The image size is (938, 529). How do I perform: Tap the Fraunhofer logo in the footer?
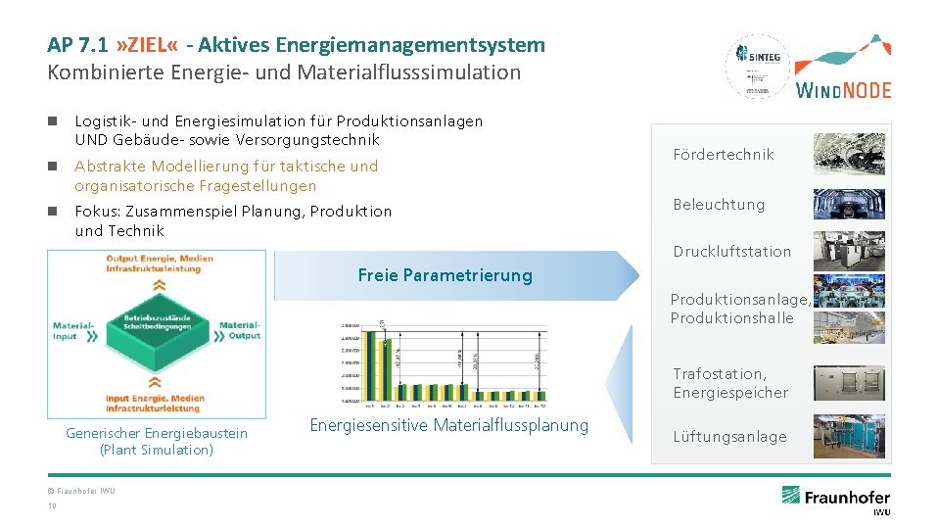coord(835,498)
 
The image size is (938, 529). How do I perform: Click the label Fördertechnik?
coord(723,154)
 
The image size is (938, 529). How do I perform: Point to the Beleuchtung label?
coord(718,204)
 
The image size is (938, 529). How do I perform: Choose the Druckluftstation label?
coord(731,251)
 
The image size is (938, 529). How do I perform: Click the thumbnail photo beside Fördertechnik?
coord(848,154)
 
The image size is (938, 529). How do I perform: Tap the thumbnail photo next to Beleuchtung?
coord(848,204)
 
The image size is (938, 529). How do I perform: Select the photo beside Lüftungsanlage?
coord(848,436)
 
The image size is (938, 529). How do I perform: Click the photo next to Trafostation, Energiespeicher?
coord(848,383)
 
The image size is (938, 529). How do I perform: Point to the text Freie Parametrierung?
coord(445,275)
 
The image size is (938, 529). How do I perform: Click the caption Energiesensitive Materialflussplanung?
coord(449,424)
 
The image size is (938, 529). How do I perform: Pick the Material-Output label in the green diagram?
coord(240,331)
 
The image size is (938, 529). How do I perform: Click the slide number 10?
coord(52,505)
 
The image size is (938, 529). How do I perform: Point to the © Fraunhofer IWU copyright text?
coord(81,490)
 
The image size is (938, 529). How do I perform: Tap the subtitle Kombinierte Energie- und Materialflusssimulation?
coord(284,72)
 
